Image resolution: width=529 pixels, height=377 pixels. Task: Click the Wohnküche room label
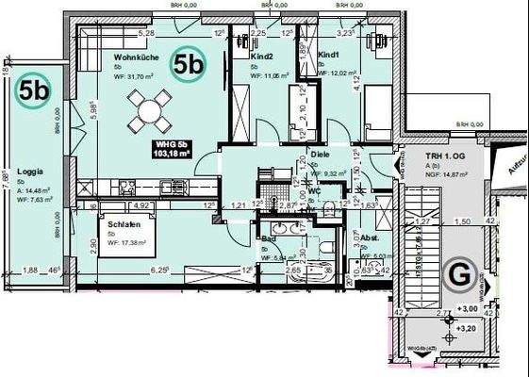point(135,57)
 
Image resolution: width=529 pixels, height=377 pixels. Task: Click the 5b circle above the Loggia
point(36,90)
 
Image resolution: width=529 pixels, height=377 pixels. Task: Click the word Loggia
point(31,173)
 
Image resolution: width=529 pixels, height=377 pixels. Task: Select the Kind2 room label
point(261,57)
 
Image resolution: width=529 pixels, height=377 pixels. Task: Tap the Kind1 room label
point(328,56)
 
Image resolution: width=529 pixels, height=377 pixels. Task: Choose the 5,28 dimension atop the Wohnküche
point(146,33)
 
